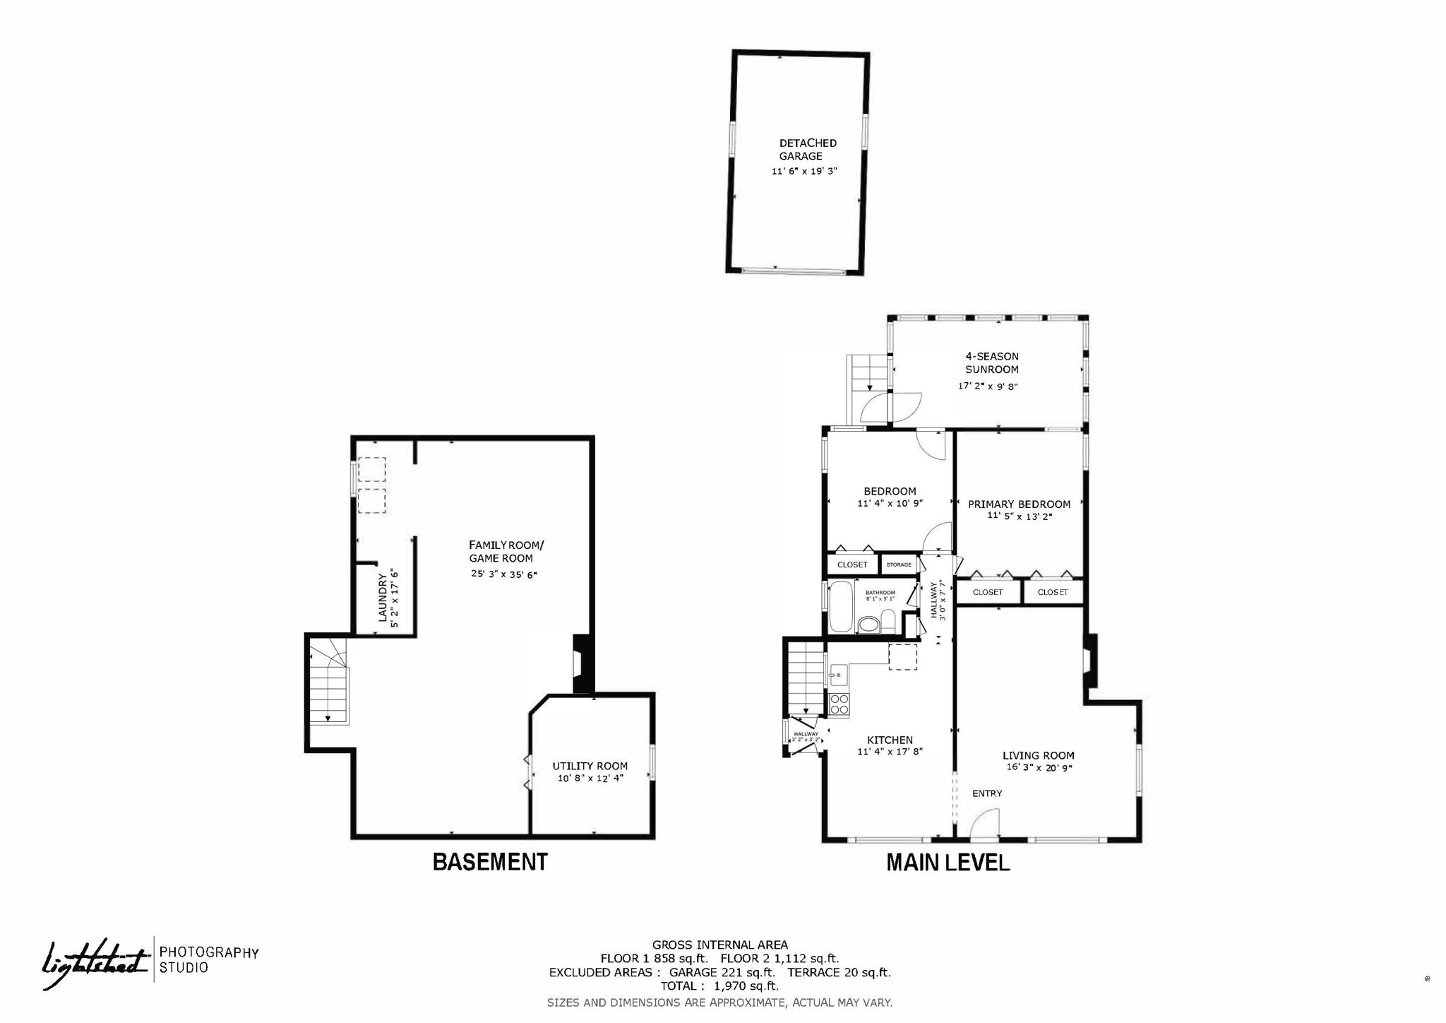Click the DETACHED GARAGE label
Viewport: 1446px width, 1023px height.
pyautogui.click(x=807, y=150)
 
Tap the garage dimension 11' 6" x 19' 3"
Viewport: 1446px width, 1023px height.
pyautogui.click(x=804, y=171)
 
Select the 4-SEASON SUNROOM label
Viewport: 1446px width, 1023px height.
pyautogui.click(x=991, y=363)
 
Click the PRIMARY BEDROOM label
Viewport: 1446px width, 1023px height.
pyautogui.click(x=1019, y=504)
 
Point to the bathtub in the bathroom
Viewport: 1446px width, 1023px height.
pyautogui.click(x=841, y=606)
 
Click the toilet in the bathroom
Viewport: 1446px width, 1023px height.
pyautogui.click(x=869, y=625)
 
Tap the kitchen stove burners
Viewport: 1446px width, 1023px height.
pyautogui.click(x=839, y=704)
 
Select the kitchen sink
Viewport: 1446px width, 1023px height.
pyautogui.click(x=838, y=675)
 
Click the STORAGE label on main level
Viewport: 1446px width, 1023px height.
pyautogui.click(x=899, y=564)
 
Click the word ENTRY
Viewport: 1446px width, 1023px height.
pyautogui.click(x=987, y=793)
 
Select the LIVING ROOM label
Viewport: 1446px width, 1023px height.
pyautogui.click(x=1038, y=755)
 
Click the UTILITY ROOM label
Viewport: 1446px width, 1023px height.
pyautogui.click(x=590, y=766)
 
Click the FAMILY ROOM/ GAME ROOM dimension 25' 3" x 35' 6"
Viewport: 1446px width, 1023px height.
pyautogui.click(x=504, y=574)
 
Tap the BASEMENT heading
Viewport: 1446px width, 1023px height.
pyautogui.click(x=489, y=862)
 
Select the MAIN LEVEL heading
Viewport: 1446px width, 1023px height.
pyautogui.click(x=948, y=863)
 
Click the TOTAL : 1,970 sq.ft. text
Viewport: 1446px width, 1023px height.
pyautogui.click(x=719, y=986)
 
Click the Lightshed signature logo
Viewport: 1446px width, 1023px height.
pyautogui.click(x=95, y=962)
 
